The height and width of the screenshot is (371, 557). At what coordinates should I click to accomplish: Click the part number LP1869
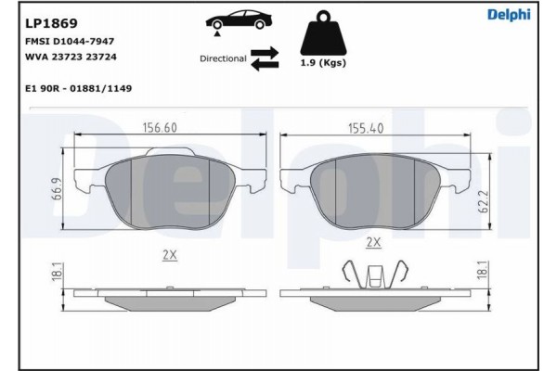(x=51, y=23)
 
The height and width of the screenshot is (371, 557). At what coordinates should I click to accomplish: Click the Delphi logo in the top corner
(x=509, y=15)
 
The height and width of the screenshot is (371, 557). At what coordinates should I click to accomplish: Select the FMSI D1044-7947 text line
(x=70, y=41)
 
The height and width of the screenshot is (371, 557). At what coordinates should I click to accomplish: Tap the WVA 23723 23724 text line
(x=71, y=57)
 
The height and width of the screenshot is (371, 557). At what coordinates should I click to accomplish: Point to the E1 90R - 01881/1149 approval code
(x=79, y=88)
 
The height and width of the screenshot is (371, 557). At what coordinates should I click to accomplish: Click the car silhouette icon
(x=239, y=22)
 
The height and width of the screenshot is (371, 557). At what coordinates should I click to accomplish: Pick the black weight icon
(x=323, y=32)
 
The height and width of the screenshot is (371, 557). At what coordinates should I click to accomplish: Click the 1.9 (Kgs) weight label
(x=323, y=63)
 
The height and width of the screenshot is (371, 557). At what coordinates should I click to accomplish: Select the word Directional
(x=223, y=58)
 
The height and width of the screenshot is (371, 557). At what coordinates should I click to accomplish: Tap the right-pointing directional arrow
(x=265, y=53)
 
